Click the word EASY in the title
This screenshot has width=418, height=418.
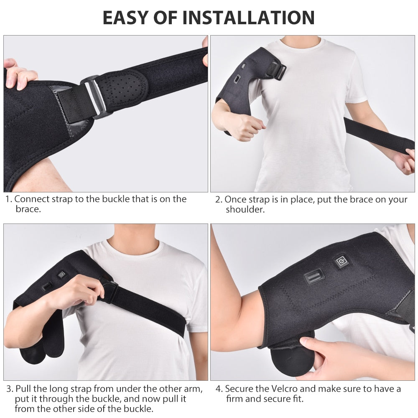click(125, 17)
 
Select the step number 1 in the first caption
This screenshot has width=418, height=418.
click(8, 199)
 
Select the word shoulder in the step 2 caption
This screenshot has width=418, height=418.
click(245, 210)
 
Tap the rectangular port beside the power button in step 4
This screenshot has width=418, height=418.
click(314, 277)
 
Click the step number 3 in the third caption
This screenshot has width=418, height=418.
click(9, 389)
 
